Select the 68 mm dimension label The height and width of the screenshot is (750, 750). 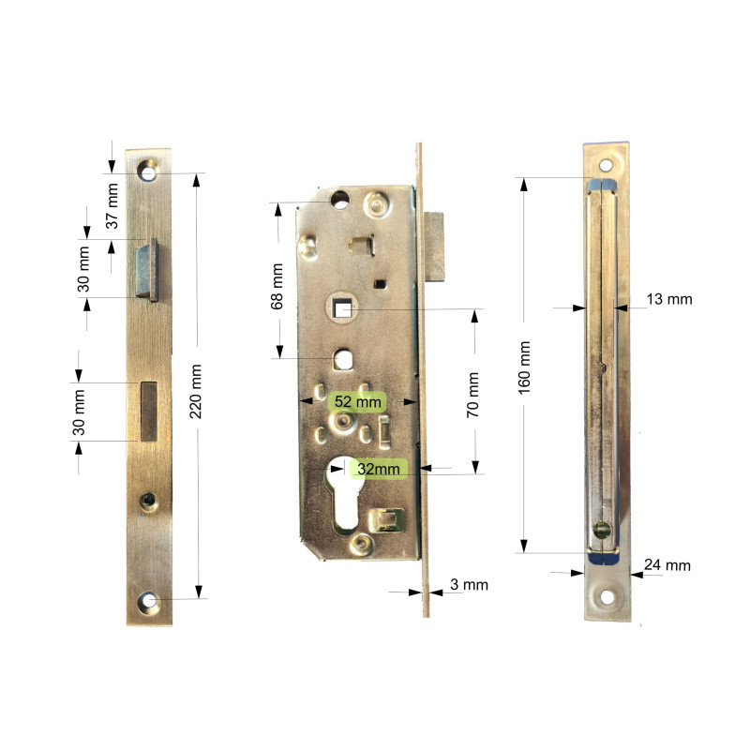click(x=277, y=285)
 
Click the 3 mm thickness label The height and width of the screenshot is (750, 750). click(x=469, y=585)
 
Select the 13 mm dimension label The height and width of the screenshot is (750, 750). click(x=669, y=299)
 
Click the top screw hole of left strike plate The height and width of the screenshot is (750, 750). click(x=148, y=172)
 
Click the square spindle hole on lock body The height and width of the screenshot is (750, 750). click(x=343, y=308)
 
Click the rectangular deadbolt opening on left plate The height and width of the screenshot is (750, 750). click(x=148, y=412)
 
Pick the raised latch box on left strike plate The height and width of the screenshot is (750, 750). click(x=148, y=269)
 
